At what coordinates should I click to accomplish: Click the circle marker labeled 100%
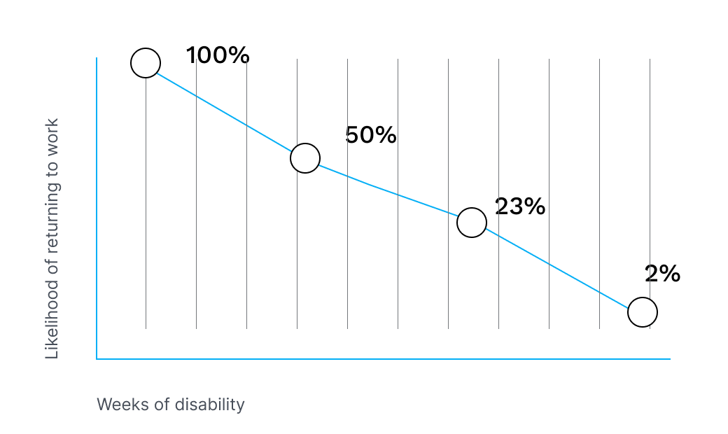(146, 63)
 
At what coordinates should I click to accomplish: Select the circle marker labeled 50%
(305, 158)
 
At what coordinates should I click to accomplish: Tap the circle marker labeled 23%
(472, 223)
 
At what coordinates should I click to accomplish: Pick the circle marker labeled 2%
(643, 312)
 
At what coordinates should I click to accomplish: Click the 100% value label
(218, 56)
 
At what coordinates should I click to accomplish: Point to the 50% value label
(371, 136)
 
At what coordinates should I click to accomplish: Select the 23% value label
(519, 206)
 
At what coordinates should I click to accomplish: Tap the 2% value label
(662, 274)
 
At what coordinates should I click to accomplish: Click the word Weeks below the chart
(117, 405)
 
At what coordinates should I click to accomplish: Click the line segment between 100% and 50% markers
(225, 111)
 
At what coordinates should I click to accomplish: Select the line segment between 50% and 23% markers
(388, 190)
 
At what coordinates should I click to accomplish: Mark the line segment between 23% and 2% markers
(557, 267)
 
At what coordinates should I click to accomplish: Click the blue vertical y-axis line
(97, 210)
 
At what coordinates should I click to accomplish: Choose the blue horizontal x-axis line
(385, 359)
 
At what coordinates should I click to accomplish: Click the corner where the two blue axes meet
(97, 359)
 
